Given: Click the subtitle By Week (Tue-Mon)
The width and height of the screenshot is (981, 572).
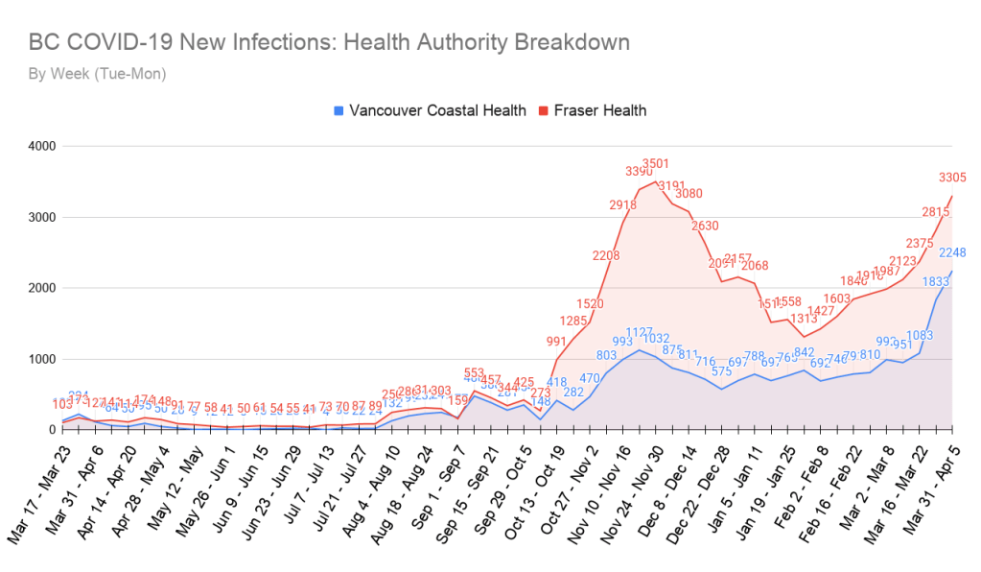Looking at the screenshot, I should pos(97,73).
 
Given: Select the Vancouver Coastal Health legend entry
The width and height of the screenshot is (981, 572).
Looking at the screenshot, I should pos(430,110).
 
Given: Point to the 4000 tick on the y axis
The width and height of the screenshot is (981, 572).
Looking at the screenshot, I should pos(41,146).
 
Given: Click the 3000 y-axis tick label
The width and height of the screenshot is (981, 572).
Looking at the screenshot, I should pos(41,217).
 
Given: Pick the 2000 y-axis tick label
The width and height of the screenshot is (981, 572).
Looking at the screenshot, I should pos(41,288).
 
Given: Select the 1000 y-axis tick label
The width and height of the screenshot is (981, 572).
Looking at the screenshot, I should pos(41,359).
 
